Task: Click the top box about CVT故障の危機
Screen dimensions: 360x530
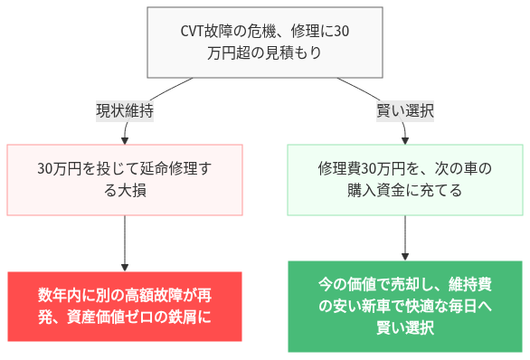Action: (x=264, y=43)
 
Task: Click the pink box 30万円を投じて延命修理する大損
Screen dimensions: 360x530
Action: (x=125, y=179)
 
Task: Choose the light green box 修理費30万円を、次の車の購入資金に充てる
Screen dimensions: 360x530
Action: (x=404, y=179)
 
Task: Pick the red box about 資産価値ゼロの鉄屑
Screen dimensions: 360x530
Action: (x=125, y=306)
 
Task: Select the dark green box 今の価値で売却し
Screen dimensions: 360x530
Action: (x=404, y=306)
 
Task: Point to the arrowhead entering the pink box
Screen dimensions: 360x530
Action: (x=125, y=139)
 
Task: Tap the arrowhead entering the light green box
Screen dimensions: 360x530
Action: (x=404, y=139)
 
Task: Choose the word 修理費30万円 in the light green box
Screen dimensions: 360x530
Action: (x=363, y=168)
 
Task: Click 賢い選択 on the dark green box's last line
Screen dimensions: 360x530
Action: (x=404, y=327)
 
